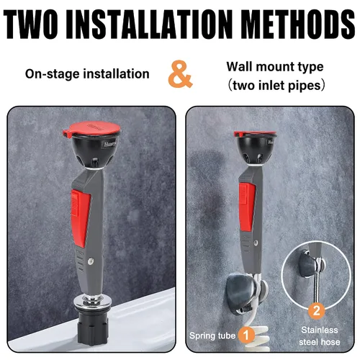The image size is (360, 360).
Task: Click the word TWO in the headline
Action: (x=30, y=24)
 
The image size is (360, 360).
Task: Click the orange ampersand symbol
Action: (x=180, y=74)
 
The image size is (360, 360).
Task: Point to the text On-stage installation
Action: (x=87, y=74)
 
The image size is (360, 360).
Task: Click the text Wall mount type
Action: (x=275, y=67)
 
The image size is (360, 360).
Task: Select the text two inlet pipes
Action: (x=276, y=86)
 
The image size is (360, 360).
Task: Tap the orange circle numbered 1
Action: (x=246, y=335)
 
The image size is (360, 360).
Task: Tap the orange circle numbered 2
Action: (x=317, y=311)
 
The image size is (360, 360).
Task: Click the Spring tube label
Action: (x=212, y=336)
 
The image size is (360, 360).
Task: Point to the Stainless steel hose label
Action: (x=320, y=336)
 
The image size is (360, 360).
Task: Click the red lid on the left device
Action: (x=91, y=130)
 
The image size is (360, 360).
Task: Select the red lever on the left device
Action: (x=81, y=217)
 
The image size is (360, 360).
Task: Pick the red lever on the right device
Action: (x=247, y=207)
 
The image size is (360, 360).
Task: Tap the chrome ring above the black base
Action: (x=91, y=302)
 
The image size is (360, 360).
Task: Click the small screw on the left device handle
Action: (x=91, y=261)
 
